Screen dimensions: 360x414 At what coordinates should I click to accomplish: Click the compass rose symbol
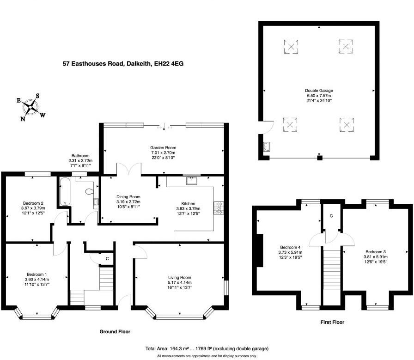(31, 107)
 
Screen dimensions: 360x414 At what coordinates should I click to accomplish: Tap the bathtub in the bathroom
(64, 191)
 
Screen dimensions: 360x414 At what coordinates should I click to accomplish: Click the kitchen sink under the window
(191, 181)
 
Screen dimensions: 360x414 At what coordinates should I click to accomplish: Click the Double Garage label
(319, 91)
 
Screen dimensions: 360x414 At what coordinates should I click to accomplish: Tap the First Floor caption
(332, 322)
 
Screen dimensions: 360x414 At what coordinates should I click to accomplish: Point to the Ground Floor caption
(115, 331)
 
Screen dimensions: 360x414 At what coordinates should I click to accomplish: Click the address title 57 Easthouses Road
(123, 64)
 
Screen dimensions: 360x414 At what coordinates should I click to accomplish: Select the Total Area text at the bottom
(207, 348)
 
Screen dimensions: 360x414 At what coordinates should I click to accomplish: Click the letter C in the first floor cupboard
(331, 216)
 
